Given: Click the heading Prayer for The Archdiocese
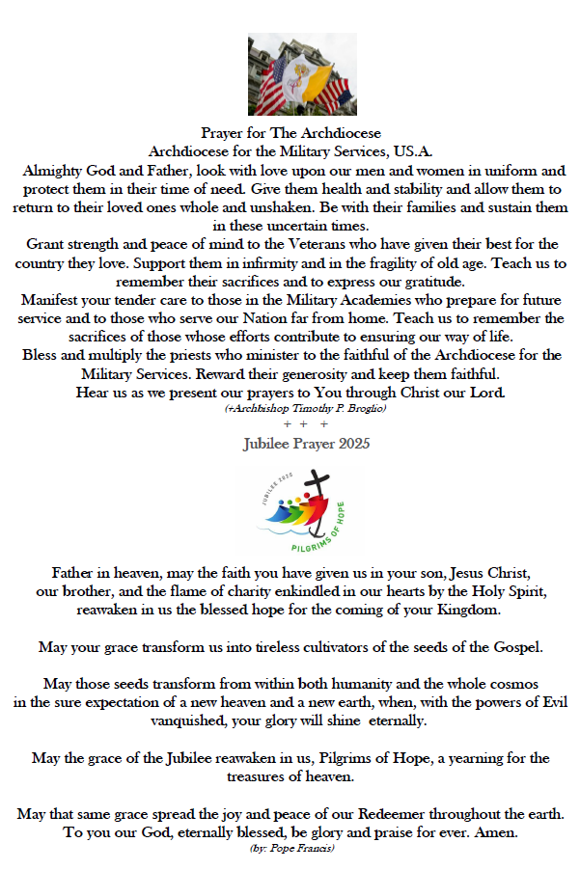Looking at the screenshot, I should coord(290,132).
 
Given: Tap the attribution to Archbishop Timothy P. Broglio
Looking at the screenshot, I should coord(290,410).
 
